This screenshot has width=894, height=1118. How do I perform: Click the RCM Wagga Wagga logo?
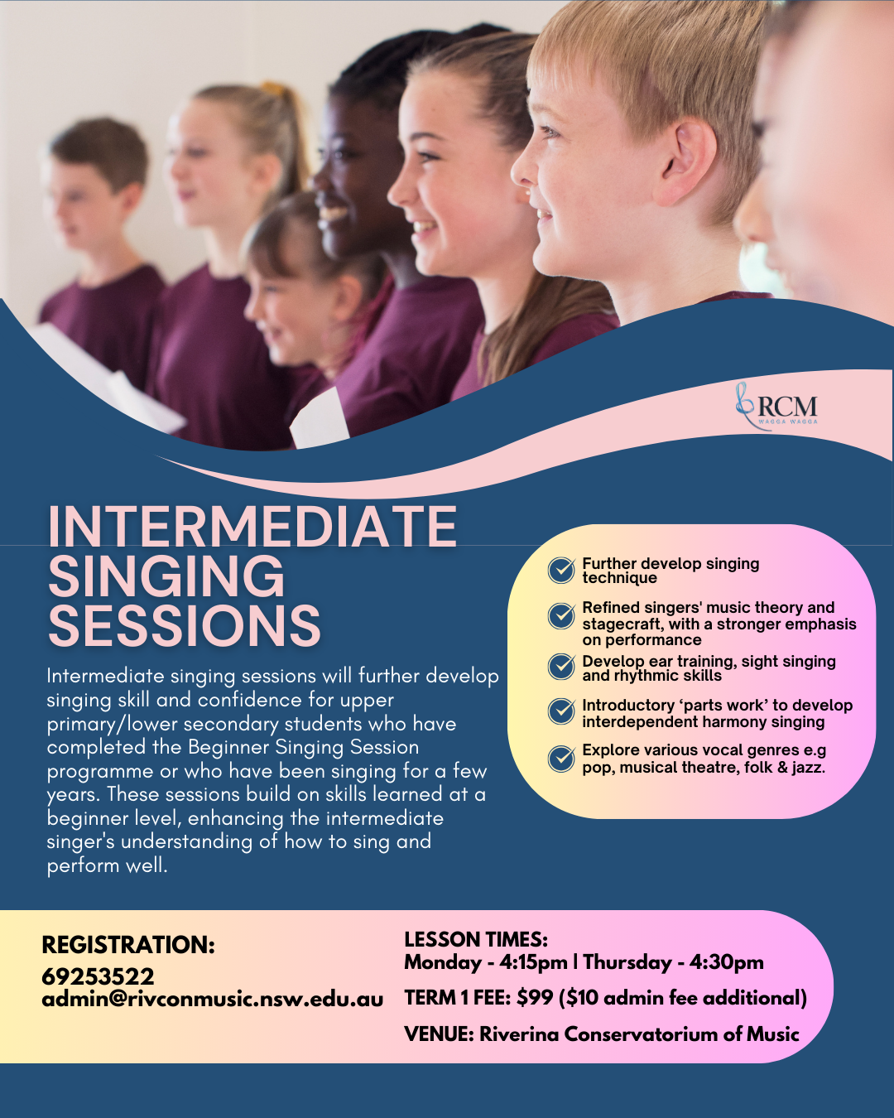(777, 407)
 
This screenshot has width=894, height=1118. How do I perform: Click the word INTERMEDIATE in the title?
(252, 527)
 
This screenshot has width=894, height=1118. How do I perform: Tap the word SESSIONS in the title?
(184, 626)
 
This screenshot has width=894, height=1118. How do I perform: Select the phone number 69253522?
(98, 976)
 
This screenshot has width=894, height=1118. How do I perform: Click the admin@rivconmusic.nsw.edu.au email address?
(212, 999)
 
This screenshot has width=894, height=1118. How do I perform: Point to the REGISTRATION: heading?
(128, 945)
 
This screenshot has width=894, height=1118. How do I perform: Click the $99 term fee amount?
(535, 998)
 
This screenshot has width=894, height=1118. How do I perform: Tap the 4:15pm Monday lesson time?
(533, 962)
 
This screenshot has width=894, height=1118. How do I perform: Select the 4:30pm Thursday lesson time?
(726, 962)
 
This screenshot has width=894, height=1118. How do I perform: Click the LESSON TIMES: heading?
(476, 939)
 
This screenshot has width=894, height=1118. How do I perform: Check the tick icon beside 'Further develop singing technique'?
(561, 570)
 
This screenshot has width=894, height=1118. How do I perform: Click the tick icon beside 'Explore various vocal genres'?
(561, 758)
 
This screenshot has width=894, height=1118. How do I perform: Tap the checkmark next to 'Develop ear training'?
(561, 667)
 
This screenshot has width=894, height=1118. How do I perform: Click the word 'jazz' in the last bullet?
(806, 768)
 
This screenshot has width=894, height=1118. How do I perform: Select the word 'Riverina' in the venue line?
(518, 1034)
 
